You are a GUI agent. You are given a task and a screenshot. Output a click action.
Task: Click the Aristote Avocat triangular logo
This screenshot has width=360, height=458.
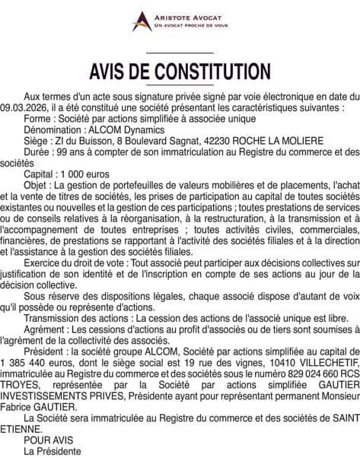[x=141, y=21]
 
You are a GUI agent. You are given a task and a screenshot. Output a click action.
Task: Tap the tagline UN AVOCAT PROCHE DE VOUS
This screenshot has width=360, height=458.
[x=191, y=25]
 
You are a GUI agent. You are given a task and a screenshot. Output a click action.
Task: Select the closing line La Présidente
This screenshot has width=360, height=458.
[x=53, y=451]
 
